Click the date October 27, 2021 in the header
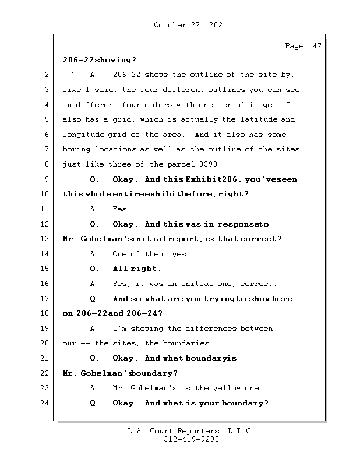point(190,25)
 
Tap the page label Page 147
point(303,46)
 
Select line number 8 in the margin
point(46,164)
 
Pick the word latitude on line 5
point(259,119)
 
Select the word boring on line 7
point(76,149)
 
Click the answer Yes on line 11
point(121,209)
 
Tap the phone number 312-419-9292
point(191,440)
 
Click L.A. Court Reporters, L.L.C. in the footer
point(191,432)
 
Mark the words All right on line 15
point(136,269)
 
